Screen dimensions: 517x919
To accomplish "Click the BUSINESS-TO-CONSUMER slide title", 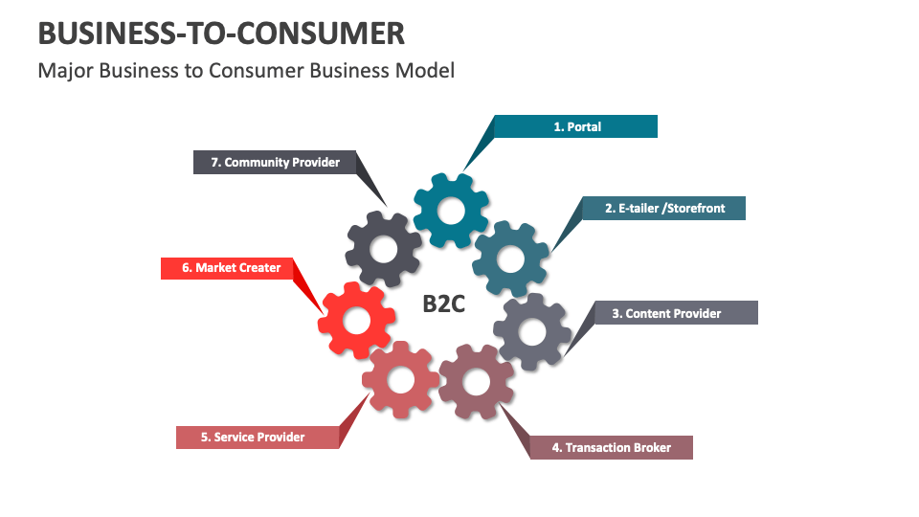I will [x=221, y=34].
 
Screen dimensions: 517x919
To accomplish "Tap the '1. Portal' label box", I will [x=576, y=126].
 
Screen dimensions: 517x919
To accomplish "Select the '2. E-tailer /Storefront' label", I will [x=664, y=208].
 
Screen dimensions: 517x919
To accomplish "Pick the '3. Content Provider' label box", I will [x=675, y=313].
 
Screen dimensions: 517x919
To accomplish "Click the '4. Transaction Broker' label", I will [x=611, y=447].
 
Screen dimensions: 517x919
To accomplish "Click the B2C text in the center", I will [x=444, y=303].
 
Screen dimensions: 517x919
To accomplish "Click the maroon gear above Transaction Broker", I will [x=476, y=381].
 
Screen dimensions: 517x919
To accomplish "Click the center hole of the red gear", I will [x=356, y=321].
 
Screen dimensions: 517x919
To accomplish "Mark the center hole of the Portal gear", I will [x=451, y=211].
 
